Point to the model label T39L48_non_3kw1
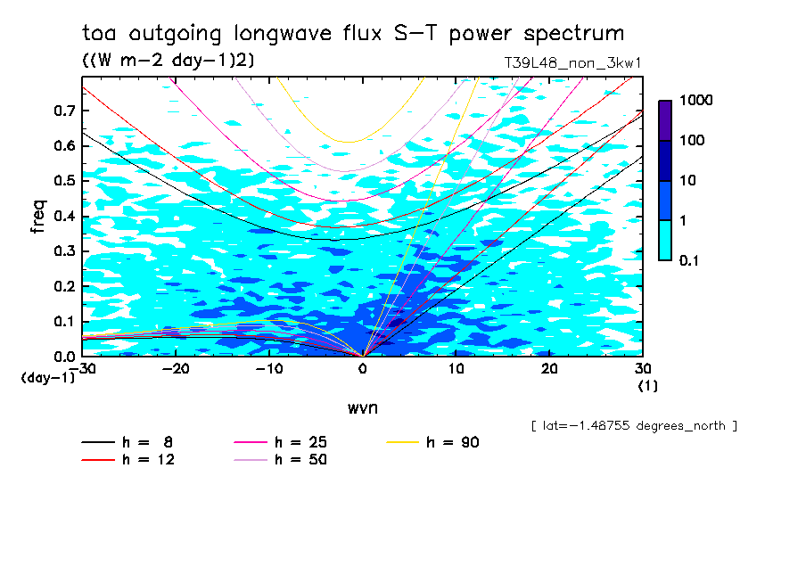click(x=572, y=63)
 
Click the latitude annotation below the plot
click(x=633, y=426)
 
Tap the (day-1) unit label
click(x=48, y=378)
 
